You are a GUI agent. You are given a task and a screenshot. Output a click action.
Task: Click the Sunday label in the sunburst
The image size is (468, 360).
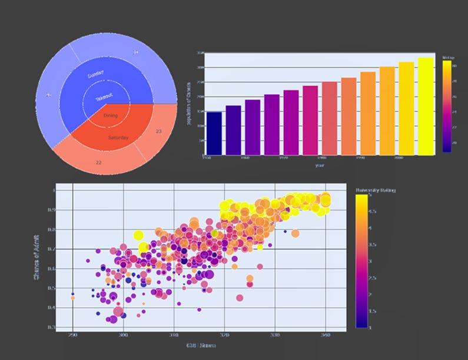coord(95,75)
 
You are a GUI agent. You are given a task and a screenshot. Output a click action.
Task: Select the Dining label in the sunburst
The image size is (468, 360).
coord(110,116)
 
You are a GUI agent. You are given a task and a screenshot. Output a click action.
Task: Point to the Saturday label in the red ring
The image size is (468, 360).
coord(118,138)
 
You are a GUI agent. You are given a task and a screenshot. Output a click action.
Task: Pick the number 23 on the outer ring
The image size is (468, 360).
coord(159,131)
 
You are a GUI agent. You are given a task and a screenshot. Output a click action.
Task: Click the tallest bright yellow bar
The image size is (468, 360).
coord(426,106)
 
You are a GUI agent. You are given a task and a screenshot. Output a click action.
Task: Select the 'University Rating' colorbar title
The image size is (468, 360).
coord(376,191)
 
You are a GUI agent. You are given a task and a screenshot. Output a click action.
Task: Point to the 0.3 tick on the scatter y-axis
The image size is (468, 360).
coord(52,327)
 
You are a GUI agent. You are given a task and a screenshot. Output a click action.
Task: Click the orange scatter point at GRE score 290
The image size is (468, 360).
coord(72,298)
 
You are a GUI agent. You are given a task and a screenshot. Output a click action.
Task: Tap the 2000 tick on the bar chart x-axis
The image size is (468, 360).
coord(398,158)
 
